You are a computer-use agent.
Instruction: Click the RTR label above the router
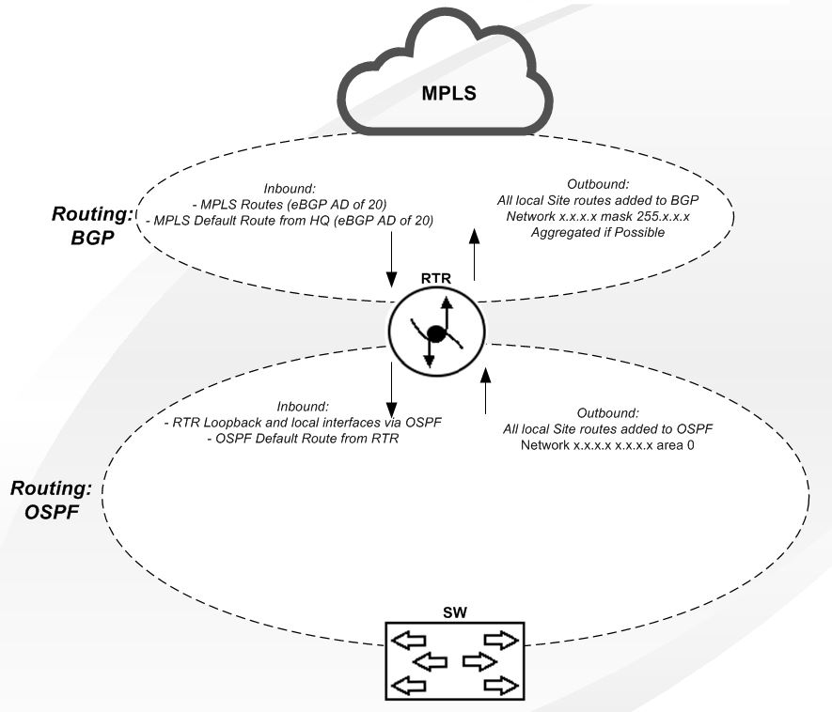(438, 279)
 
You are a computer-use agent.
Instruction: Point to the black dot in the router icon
(435, 333)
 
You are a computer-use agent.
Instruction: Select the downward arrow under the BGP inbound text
(390, 263)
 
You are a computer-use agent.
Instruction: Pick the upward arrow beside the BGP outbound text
(473, 256)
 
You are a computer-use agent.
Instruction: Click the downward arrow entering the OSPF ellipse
(390, 379)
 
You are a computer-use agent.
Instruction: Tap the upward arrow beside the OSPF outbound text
(486, 391)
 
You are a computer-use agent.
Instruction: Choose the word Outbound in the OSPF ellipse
(608, 412)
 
